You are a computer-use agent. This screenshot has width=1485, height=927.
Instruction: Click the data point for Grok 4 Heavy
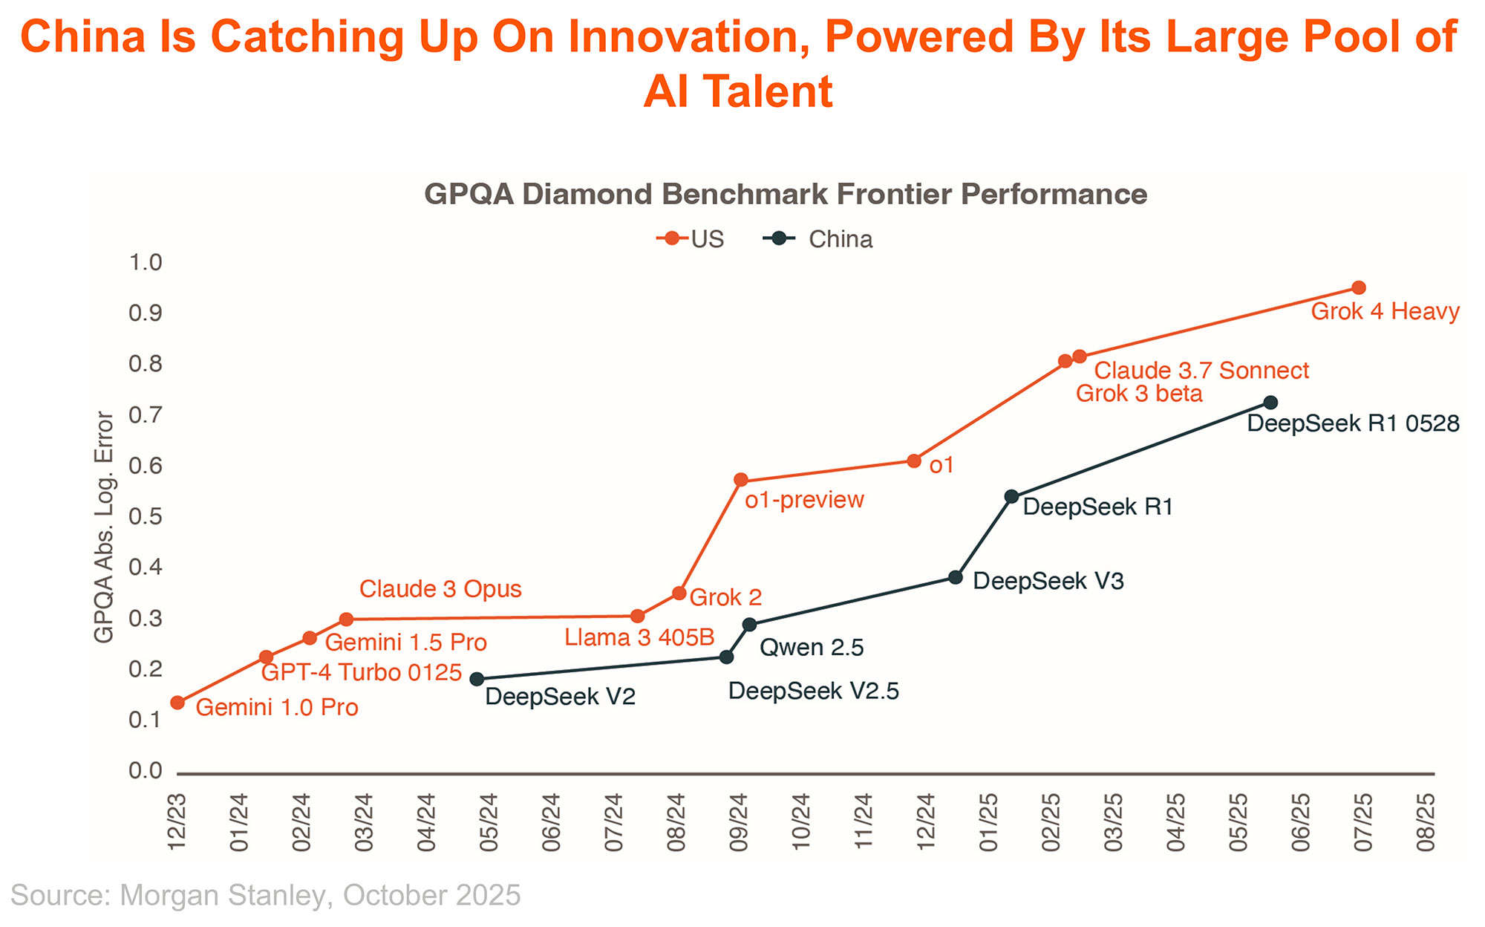tap(1359, 287)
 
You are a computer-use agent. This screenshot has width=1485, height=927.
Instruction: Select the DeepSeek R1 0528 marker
tap(1270, 403)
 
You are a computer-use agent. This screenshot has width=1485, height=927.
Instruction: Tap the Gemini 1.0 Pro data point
tap(177, 703)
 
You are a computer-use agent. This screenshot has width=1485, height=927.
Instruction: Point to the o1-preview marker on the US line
tap(740, 480)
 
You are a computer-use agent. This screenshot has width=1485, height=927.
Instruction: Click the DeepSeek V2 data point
tap(477, 679)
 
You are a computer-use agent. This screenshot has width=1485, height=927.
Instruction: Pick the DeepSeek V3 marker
tap(956, 577)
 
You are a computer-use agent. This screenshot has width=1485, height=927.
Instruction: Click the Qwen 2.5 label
tap(812, 648)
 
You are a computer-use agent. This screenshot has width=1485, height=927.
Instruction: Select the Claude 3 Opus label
tap(440, 589)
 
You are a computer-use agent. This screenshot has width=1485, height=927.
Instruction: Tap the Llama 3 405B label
tap(639, 637)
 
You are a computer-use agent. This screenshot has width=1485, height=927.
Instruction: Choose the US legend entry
tap(691, 239)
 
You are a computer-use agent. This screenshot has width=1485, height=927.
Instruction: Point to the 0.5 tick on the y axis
tap(146, 516)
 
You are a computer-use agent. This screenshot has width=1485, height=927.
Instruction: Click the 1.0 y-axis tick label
tap(146, 262)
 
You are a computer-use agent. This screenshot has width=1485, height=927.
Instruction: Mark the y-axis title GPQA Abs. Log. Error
tap(104, 527)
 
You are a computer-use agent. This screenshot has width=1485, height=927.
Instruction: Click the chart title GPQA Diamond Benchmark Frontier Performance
tap(786, 195)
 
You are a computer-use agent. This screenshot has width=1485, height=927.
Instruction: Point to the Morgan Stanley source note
tap(266, 895)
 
